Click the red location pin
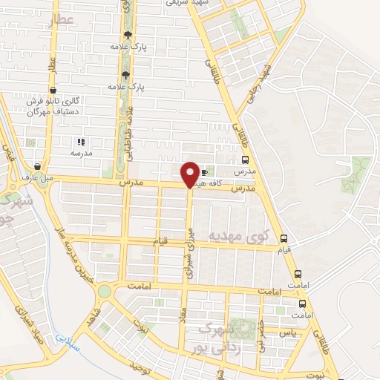coord(190,174)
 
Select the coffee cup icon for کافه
coord(204,173)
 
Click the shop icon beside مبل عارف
coord(37,166)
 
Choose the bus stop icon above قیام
coord(284,238)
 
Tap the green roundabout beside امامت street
coord(103,290)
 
